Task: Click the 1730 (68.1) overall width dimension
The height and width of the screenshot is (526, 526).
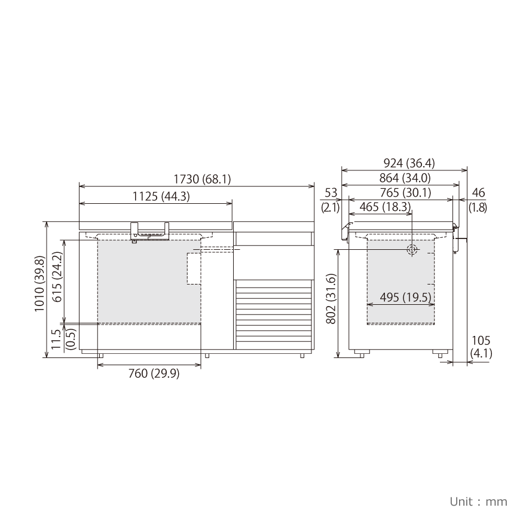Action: point(202,179)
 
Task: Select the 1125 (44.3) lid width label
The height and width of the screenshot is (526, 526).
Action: point(161,196)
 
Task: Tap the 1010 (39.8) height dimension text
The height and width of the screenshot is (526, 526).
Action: point(39,284)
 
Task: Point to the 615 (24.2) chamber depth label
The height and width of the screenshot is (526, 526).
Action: point(57,277)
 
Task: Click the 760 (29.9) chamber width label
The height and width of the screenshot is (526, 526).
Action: point(154,373)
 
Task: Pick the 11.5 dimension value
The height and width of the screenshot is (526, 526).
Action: point(56,339)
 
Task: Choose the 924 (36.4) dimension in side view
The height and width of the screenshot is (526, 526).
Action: point(409,163)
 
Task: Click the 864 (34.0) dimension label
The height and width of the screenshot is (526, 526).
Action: point(405,178)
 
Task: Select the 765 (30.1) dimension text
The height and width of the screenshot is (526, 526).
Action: point(406,193)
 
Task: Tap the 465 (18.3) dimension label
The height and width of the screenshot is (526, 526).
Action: point(385,207)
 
